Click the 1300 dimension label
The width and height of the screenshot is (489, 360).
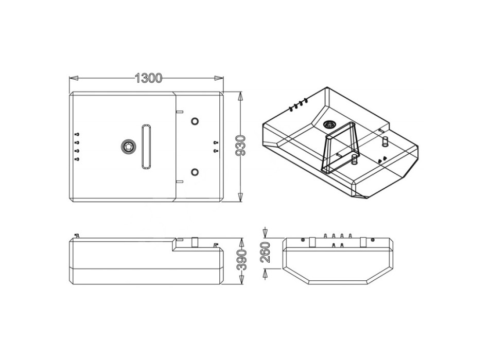click(148, 78)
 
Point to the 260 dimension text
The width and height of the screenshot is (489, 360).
click(266, 251)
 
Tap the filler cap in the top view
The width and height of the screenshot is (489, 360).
click(129, 147)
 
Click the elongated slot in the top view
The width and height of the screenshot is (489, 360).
click(146, 147)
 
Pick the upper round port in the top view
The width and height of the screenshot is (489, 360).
click(195, 121)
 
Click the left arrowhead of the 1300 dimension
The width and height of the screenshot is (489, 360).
click(73, 78)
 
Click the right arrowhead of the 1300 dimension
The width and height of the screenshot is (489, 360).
click(219, 78)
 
